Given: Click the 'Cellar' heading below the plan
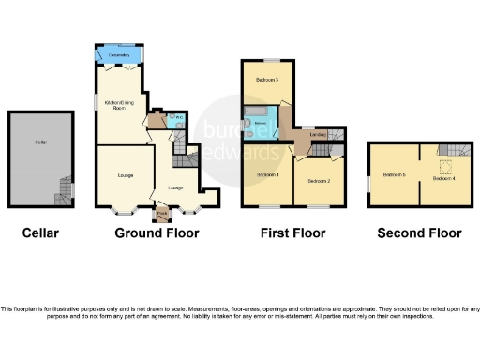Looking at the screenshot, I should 41,232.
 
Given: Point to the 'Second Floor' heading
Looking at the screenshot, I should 418,232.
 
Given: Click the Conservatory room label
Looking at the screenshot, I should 118,56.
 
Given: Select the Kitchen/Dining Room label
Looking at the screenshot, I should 118,106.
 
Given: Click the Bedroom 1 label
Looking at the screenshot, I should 267,175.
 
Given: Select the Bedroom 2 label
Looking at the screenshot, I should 319,180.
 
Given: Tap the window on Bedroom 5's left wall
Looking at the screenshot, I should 370,176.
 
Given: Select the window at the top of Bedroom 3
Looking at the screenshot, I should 269,60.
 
